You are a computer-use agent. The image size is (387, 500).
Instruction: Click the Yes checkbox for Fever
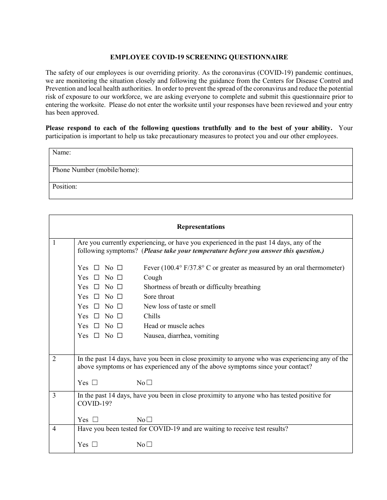97,268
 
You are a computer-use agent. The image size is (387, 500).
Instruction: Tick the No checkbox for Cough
120,278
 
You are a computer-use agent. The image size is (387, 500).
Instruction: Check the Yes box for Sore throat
97,297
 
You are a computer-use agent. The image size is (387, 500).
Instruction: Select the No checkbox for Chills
120,316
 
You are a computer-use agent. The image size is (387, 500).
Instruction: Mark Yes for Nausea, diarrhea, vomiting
97,336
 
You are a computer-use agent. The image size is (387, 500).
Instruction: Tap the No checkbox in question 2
149,383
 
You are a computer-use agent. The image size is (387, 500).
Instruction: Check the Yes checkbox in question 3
95,420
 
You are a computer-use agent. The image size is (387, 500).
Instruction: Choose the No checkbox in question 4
149,444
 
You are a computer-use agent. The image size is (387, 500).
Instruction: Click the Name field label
62,152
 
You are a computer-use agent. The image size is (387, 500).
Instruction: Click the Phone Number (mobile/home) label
96,170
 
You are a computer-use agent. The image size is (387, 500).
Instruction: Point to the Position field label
64,187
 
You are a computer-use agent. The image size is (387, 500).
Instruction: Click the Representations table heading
201,227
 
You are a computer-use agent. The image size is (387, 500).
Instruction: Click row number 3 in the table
55,396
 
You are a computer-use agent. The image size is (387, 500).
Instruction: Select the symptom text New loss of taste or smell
180,307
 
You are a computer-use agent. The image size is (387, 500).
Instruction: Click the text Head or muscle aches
174,326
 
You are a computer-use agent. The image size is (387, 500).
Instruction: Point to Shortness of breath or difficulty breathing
202,287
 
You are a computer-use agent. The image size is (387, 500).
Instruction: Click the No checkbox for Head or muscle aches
120,326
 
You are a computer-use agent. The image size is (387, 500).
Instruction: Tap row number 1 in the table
54,243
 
